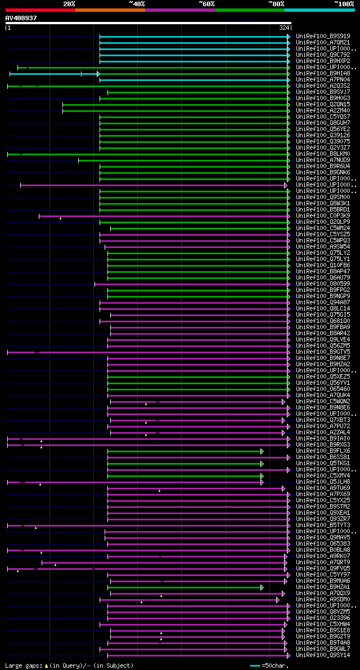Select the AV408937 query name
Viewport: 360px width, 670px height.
coord(21,18)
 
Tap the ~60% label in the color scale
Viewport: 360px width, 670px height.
coord(206,3)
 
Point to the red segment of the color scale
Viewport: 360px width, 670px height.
coord(40,10)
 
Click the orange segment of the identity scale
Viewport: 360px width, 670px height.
coord(110,10)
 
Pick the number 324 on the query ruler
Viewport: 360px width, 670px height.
coord(283,28)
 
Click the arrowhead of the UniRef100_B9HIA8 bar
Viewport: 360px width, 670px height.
coord(98,74)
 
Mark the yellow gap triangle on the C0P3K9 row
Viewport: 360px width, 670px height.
coord(60,218)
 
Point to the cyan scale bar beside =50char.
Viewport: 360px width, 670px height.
coord(255,665)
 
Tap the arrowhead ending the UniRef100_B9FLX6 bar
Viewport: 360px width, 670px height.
coord(262,451)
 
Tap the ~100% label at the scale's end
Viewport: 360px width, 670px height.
coord(344,3)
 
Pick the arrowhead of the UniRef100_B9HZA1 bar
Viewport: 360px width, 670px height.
coord(262,587)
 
